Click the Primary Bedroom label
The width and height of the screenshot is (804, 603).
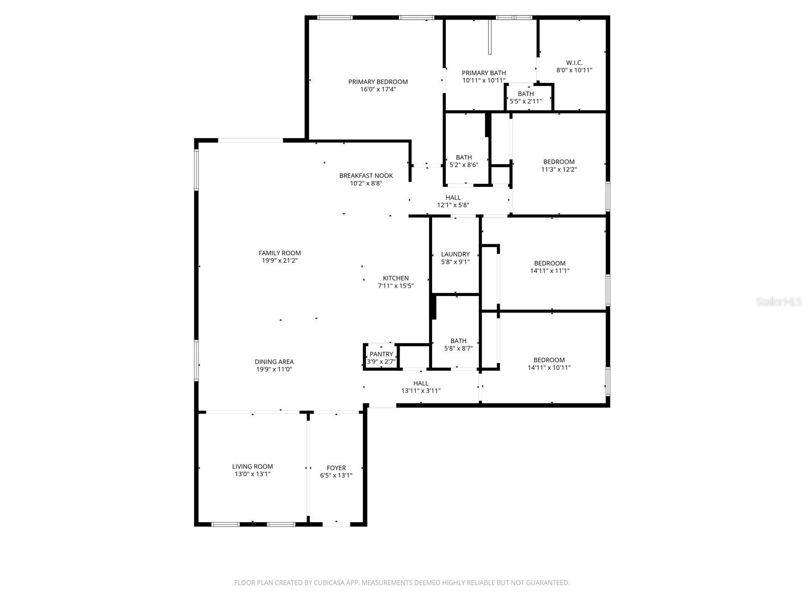378,82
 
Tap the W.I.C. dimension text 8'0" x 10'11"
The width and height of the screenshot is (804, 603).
574,70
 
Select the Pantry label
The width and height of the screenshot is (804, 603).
381,354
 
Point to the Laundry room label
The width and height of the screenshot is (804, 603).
455,254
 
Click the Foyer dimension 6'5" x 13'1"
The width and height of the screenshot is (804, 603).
336,475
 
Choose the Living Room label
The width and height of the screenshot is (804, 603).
252,466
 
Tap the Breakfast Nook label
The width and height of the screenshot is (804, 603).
366,175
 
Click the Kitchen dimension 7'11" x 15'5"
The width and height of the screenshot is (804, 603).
395,286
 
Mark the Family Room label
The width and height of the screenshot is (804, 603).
279,253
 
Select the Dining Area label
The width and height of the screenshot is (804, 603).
274,362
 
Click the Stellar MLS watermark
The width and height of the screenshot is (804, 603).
779,302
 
